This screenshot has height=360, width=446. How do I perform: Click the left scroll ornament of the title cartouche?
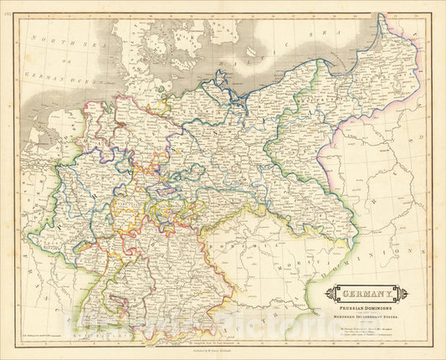pos(331,294)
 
